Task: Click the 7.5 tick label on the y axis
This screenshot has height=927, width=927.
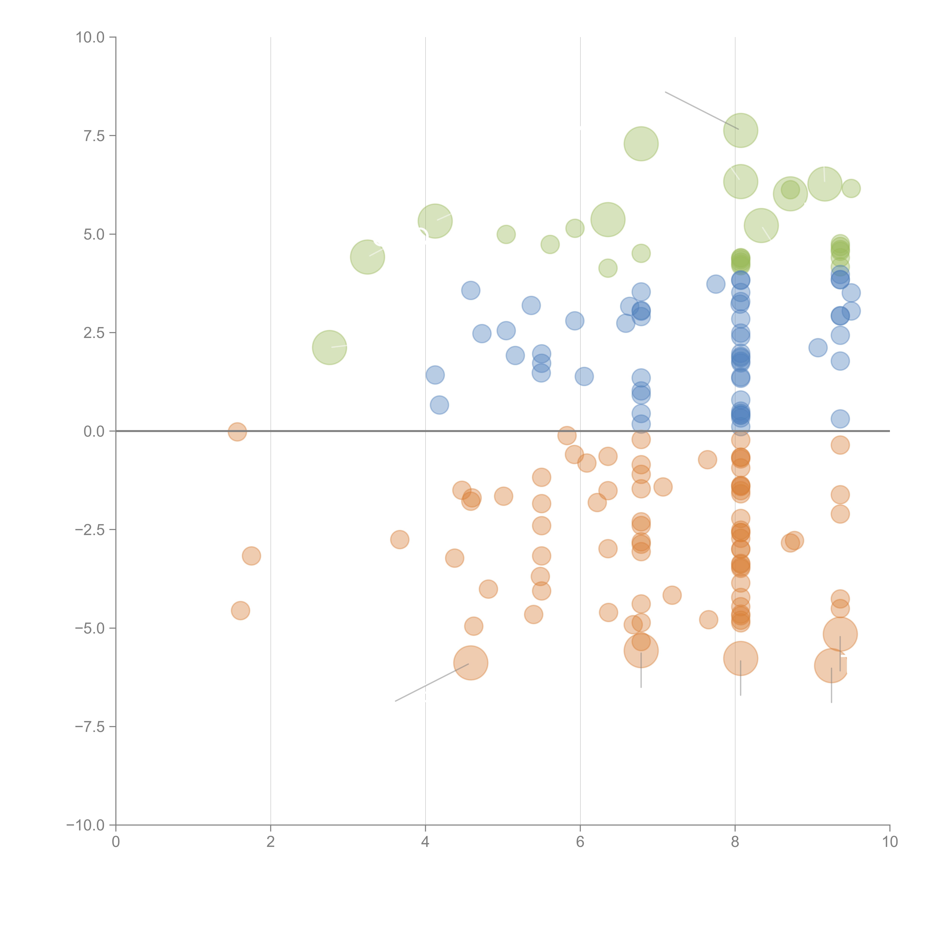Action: (x=94, y=136)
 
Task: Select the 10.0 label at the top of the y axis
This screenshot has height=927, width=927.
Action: (x=90, y=37)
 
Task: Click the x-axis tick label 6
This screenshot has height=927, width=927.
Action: (x=580, y=842)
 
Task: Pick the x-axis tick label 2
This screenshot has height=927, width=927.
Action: (x=271, y=842)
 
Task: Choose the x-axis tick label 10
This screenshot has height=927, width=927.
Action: (x=890, y=842)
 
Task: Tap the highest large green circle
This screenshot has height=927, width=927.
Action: (x=740, y=131)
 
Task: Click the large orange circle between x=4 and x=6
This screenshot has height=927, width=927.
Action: (x=471, y=663)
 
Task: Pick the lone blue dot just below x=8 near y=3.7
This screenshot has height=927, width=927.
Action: (x=715, y=284)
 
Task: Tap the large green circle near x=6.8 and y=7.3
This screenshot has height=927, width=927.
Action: (x=641, y=143)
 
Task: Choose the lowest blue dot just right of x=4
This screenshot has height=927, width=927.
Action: (x=439, y=405)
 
